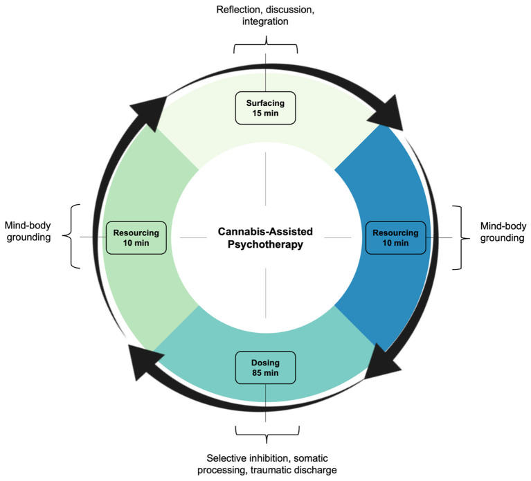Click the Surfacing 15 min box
point(266,108)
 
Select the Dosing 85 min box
point(266,368)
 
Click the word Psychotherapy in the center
point(266,244)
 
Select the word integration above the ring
point(266,22)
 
